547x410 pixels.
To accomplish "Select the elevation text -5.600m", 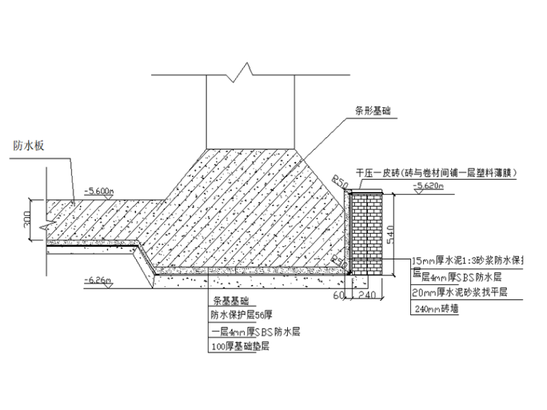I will point(99,191).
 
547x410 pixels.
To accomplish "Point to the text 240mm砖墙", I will point(435,309).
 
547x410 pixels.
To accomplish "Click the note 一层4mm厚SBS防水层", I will point(256,332).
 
